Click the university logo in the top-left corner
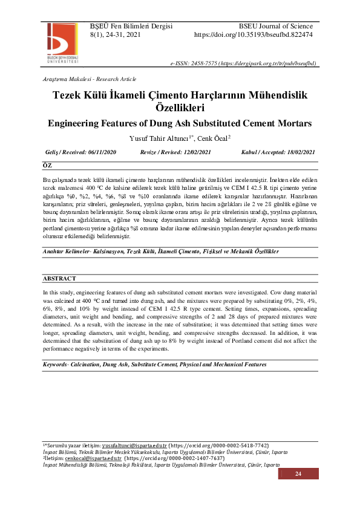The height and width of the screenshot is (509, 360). point(62,41)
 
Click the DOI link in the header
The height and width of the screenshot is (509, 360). point(253,35)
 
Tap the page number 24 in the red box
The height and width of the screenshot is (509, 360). point(298,474)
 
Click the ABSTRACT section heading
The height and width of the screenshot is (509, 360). point(59,279)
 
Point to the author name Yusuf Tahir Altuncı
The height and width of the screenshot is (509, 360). point(160,138)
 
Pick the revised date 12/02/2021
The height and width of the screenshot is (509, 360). point(198,153)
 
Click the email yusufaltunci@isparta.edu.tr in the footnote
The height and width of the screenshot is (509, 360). point(133,445)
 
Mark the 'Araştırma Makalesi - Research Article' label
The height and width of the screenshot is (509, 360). point(90,79)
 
